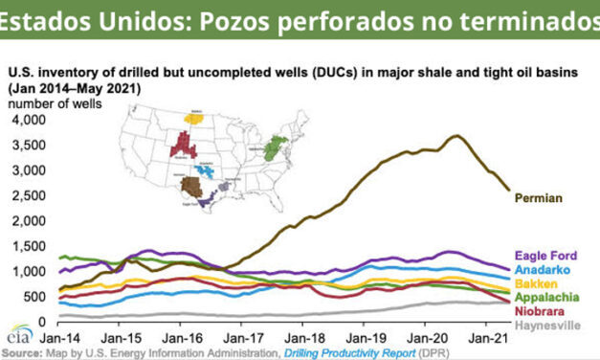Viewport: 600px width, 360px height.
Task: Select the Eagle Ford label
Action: click(544, 256)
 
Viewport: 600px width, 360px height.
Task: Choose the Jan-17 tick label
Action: click(241, 338)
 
